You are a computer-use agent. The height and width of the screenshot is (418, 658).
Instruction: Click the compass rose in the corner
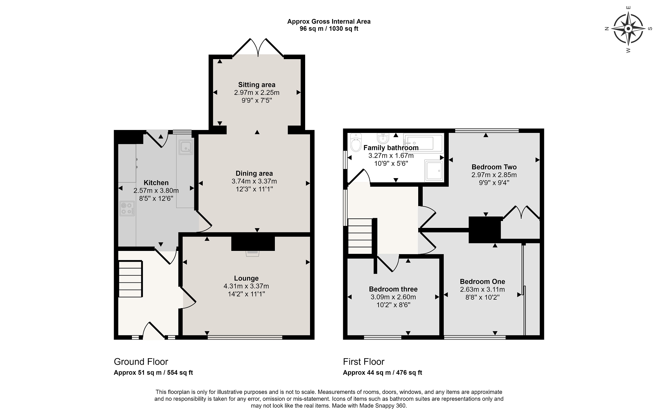point(628,29)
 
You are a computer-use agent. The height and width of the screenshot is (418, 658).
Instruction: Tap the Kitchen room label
point(156,183)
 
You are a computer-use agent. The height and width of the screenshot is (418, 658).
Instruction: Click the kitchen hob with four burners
point(127,208)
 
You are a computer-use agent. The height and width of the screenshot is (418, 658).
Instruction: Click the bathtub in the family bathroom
point(423,143)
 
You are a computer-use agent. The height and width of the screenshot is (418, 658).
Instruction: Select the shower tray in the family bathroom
point(434,170)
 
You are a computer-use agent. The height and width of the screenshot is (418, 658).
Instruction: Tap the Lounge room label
point(246,278)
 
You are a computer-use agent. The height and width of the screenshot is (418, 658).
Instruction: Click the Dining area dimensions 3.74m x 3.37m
point(254,181)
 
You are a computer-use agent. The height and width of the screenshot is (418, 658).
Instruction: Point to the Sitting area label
point(257,85)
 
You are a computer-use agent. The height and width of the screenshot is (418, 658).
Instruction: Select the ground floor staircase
point(130,279)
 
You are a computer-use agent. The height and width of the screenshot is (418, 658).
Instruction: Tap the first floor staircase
point(360,236)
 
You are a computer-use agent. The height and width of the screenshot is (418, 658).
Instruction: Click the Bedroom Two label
point(494,167)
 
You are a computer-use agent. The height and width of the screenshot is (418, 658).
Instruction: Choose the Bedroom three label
point(393,289)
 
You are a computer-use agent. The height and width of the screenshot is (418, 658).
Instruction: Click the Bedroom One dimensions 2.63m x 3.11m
point(483,290)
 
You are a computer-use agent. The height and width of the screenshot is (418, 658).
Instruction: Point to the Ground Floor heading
point(141,362)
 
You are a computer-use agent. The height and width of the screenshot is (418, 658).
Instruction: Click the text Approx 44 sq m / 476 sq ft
point(382,373)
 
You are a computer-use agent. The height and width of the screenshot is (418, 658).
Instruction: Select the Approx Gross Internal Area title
point(329,21)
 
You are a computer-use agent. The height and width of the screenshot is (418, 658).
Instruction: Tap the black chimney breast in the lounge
point(253,243)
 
